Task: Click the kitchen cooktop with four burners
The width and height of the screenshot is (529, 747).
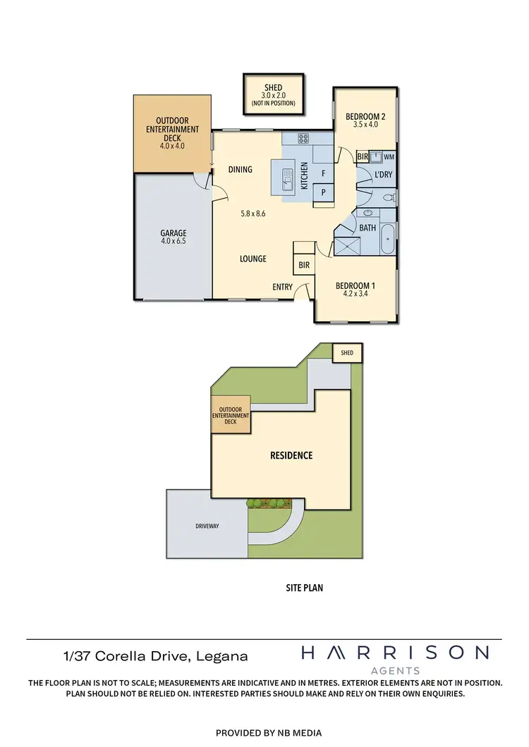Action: pyautogui.click(x=305, y=139)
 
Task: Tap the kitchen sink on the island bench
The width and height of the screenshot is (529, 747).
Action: pyautogui.click(x=287, y=180)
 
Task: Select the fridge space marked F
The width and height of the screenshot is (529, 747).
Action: pyautogui.click(x=323, y=173)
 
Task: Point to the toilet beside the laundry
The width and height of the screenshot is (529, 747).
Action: pyautogui.click(x=387, y=199)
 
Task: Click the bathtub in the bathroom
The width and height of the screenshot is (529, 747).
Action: pyautogui.click(x=388, y=241)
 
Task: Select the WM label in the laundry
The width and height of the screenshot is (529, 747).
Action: pyautogui.click(x=389, y=156)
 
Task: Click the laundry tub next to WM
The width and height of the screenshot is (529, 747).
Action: pyautogui.click(x=376, y=156)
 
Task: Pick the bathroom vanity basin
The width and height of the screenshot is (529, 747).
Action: pyautogui.click(x=368, y=212)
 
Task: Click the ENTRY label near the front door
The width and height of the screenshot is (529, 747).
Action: pyautogui.click(x=283, y=288)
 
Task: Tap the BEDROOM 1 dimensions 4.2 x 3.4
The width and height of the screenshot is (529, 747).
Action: pyautogui.click(x=355, y=295)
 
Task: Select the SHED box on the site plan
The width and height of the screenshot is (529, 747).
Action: pyautogui.click(x=346, y=352)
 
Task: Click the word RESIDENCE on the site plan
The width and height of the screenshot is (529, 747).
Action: pyautogui.click(x=291, y=455)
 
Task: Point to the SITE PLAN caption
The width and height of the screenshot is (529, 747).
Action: pyautogui.click(x=305, y=587)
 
